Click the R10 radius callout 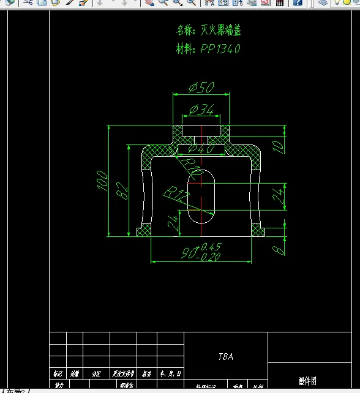click(193, 169)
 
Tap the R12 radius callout click(177, 196)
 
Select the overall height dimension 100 click(102, 181)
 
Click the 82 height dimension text click(123, 191)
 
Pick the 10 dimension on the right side click(279, 145)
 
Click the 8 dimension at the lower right click(279, 249)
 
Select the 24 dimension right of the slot click(279, 196)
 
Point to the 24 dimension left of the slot click(173, 223)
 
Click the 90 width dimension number click(189, 253)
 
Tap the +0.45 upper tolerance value click(211, 247)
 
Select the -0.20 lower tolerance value click(209, 257)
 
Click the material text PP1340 click(220, 49)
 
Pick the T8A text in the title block click(225, 356)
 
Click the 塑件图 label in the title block click(307, 381)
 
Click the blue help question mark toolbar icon click(297, 2)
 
